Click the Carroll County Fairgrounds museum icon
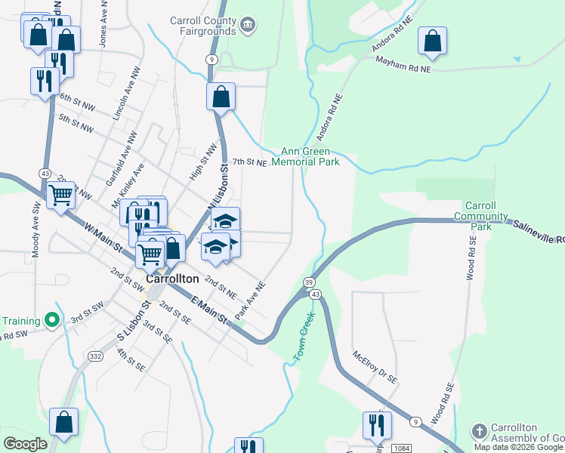pyautogui.click(x=248, y=26)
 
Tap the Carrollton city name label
pyautogui.click(x=171, y=278)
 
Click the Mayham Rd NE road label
pyautogui.click(x=403, y=67)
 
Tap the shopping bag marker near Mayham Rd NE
pyautogui.click(x=432, y=42)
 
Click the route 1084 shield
pyautogui.click(x=402, y=448)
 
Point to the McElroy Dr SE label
pyautogui.click(x=374, y=367)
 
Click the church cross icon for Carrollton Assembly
pyautogui.click(x=478, y=431)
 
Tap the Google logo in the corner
pyautogui.click(x=25, y=444)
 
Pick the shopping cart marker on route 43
pyautogui.click(x=60, y=196)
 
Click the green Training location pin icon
pyautogui.click(x=52, y=320)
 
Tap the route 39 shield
pyautogui.click(x=310, y=281)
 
